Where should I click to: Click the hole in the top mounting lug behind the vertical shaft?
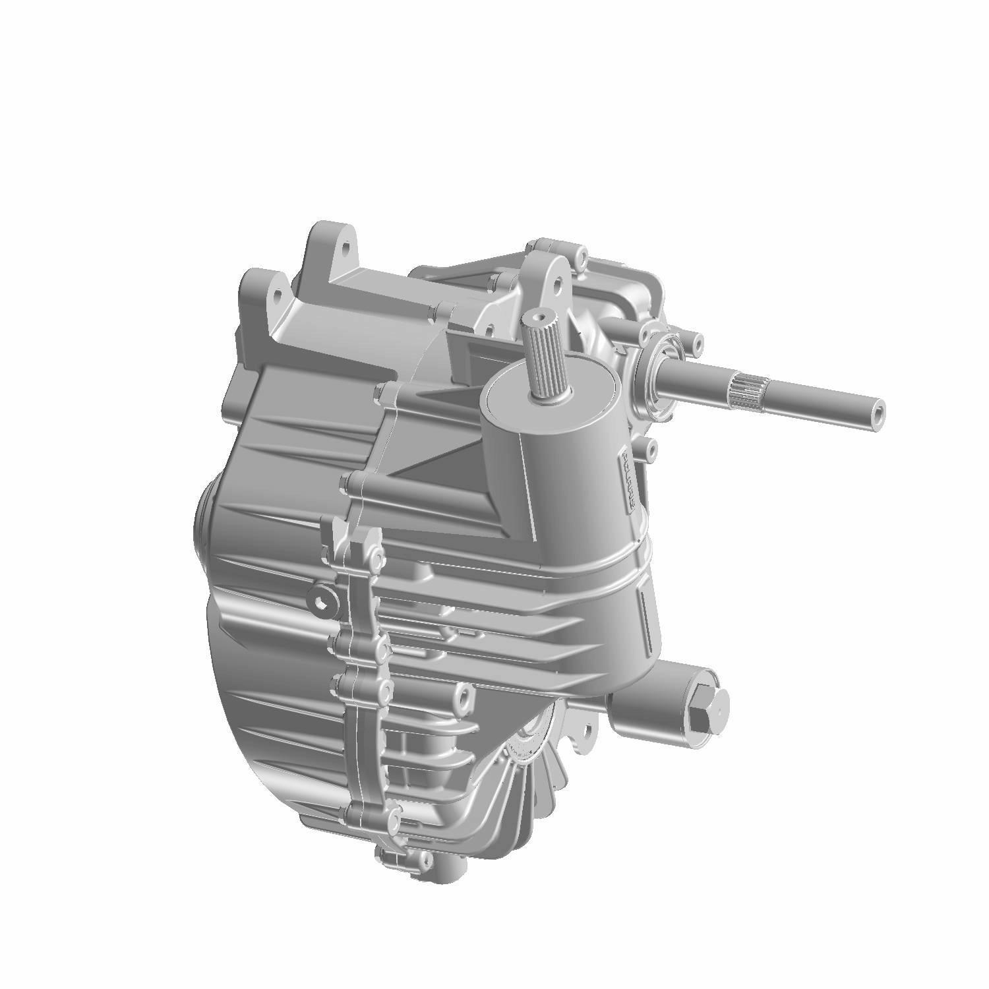click(557, 285)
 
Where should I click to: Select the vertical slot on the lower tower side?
click(648, 616)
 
